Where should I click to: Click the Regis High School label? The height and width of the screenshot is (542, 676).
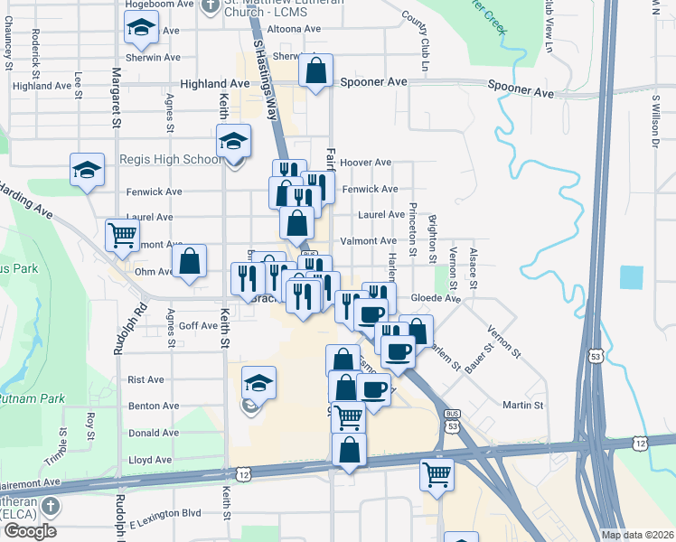click(169, 160)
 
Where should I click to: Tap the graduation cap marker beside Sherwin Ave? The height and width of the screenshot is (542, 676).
click(141, 29)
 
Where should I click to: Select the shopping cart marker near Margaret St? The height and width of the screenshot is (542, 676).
click(122, 235)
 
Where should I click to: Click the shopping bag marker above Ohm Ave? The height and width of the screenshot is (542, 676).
click(189, 262)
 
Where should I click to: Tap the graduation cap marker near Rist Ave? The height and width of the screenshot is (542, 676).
click(258, 382)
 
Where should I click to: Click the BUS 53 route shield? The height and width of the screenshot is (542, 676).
click(452, 420)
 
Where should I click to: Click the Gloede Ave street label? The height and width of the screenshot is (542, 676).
click(436, 298)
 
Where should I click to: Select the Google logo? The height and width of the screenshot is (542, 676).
click(29, 531)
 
